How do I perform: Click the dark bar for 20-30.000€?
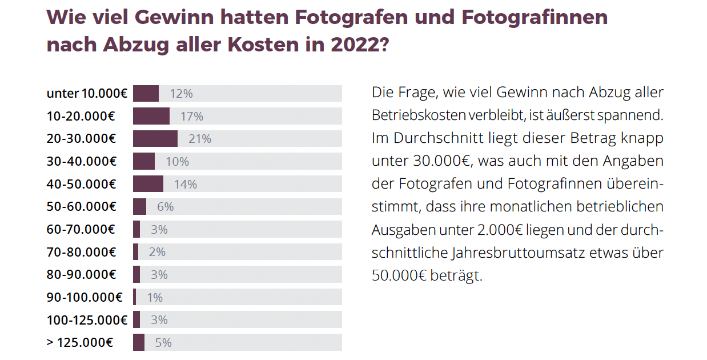point(155,139)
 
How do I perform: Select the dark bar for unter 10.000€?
point(146,94)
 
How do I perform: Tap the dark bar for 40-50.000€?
point(148,184)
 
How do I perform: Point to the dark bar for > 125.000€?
point(139,342)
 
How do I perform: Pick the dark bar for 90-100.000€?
point(135,297)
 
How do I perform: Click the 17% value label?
point(192,117)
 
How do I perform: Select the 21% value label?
point(200,139)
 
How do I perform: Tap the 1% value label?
point(155,297)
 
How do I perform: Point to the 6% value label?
point(165,207)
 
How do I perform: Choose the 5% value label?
point(163,343)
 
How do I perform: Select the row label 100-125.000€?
point(87,320)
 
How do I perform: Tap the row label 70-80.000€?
point(81,252)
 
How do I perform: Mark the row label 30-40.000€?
point(81,162)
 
